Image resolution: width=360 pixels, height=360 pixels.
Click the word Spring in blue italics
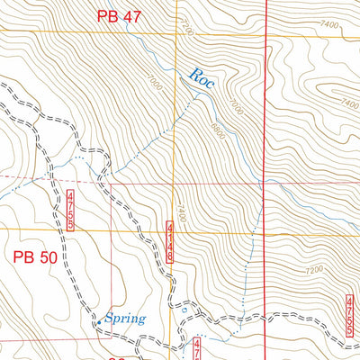[125, 317]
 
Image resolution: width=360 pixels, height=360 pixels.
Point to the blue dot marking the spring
[99, 319]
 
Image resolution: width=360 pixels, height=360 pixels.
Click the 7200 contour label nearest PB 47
[186, 31]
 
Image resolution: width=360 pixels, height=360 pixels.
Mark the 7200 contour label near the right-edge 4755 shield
[314, 270]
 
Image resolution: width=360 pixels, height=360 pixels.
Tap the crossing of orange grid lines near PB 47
[177, 33]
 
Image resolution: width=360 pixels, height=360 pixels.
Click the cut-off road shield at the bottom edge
[198, 350]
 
